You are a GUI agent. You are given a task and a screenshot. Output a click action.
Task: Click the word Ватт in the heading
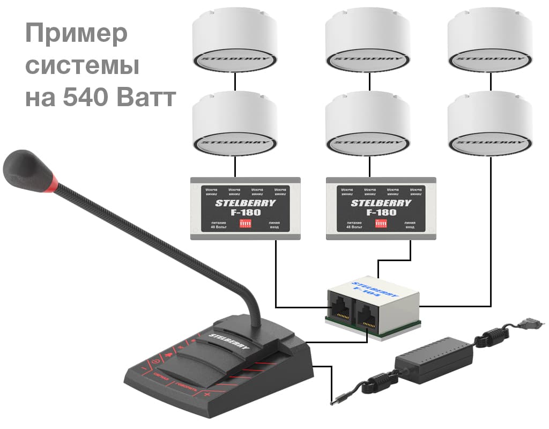[149, 98]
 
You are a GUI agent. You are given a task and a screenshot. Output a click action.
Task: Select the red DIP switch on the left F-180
[246, 223]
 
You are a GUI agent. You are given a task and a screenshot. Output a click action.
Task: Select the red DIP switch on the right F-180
[381, 223]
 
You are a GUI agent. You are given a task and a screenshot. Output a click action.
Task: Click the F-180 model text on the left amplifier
[245, 212]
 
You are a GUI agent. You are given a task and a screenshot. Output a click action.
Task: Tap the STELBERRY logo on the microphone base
[230, 342]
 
